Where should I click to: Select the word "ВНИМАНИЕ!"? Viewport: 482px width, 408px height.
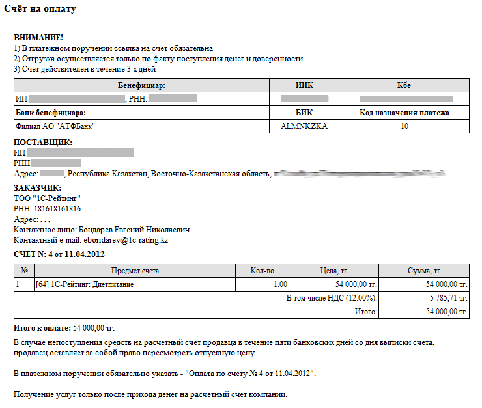(38, 38)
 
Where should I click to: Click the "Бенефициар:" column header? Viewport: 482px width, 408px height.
(142, 85)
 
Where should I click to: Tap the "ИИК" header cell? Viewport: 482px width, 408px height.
(304, 85)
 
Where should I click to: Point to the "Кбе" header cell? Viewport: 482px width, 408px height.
(404, 85)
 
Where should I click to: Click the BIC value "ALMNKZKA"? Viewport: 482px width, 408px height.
(304, 126)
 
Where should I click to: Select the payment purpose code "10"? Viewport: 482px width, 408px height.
(404, 126)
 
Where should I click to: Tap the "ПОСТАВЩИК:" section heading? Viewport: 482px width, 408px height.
(43, 143)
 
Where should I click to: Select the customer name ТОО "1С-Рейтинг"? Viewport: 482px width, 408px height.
(42, 198)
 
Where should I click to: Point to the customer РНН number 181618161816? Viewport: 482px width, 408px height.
(57, 209)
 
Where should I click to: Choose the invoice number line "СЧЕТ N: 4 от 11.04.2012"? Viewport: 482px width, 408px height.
(59, 254)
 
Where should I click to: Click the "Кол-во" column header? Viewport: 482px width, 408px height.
(262, 271)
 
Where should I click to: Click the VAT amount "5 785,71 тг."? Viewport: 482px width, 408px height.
(448, 298)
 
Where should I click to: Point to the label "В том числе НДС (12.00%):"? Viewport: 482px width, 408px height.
(332, 298)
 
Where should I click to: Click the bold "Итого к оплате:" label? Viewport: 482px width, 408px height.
(42, 327)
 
